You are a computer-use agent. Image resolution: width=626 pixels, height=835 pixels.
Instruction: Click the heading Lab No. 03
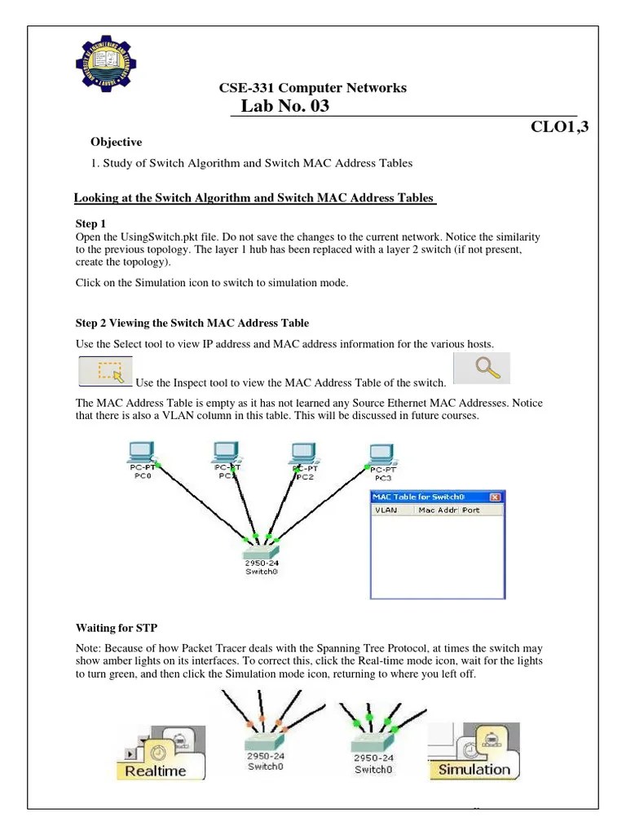click(285, 106)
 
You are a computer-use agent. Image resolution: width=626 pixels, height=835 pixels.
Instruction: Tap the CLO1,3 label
click(559, 126)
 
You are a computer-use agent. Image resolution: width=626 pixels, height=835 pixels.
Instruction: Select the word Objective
click(116, 142)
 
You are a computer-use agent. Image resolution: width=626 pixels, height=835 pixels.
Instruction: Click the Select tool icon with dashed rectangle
click(106, 369)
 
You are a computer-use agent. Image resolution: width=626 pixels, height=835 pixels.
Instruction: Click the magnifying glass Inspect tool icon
click(481, 368)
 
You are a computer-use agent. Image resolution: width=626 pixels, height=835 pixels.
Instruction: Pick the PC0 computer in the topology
click(143, 451)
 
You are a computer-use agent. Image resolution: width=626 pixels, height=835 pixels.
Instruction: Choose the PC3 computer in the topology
click(381, 453)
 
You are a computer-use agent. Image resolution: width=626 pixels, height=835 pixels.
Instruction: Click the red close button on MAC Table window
click(494, 497)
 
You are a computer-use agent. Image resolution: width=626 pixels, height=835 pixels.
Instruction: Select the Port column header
click(471, 510)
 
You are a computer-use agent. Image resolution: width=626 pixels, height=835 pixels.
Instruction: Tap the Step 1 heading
click(90, 223)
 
